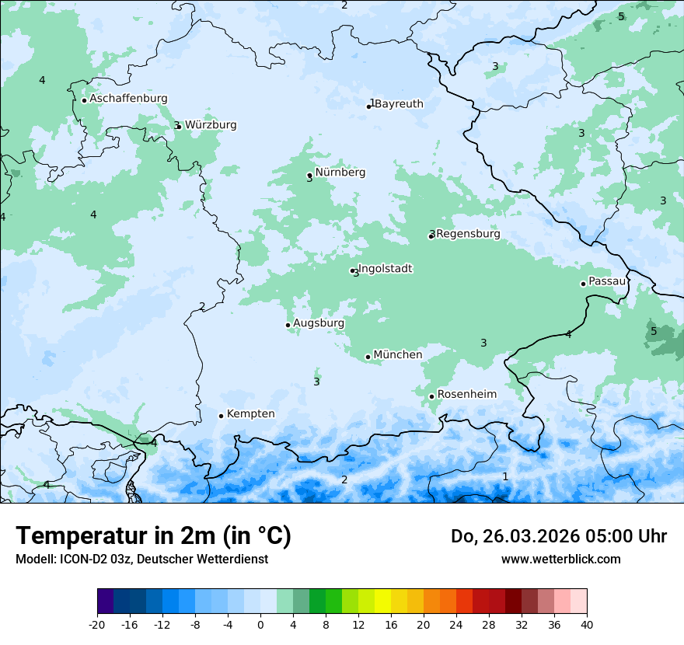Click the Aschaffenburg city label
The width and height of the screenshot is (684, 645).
(x=128, y=99)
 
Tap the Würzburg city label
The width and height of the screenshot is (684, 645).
(x=211, y=125)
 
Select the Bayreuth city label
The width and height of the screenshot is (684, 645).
(x=399, y=104)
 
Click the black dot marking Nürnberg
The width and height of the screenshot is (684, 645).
(x=309, y=175)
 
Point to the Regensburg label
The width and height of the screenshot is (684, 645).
(x=468, y=234)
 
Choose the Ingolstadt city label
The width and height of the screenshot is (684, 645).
(x=385, y=269)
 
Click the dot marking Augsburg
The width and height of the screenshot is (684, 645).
(x=288, y=325)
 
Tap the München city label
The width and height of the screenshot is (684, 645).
(x=398, y=355)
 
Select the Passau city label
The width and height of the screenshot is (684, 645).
(x=607, y=281)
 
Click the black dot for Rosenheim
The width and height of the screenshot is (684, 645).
(x=431, y=396)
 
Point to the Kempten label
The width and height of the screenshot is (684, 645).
(x=250, y=414)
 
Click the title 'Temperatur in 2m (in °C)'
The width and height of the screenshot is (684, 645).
(x=153, y=536)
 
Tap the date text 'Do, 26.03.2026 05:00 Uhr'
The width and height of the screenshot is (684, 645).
(x=559, y=536)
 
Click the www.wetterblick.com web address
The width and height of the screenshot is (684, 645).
(x=560, y=559)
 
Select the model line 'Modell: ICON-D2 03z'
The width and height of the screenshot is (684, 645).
(x=141, y=559)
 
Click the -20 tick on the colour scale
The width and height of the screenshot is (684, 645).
(x=97, y=624)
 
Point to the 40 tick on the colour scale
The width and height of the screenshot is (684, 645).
(x=587, y=624)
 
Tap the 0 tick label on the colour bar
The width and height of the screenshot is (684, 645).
(x=260, y=624)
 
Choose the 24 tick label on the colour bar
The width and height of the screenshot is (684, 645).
(x=456, y=624)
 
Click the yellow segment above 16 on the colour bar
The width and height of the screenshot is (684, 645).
(x=382, y=601)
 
